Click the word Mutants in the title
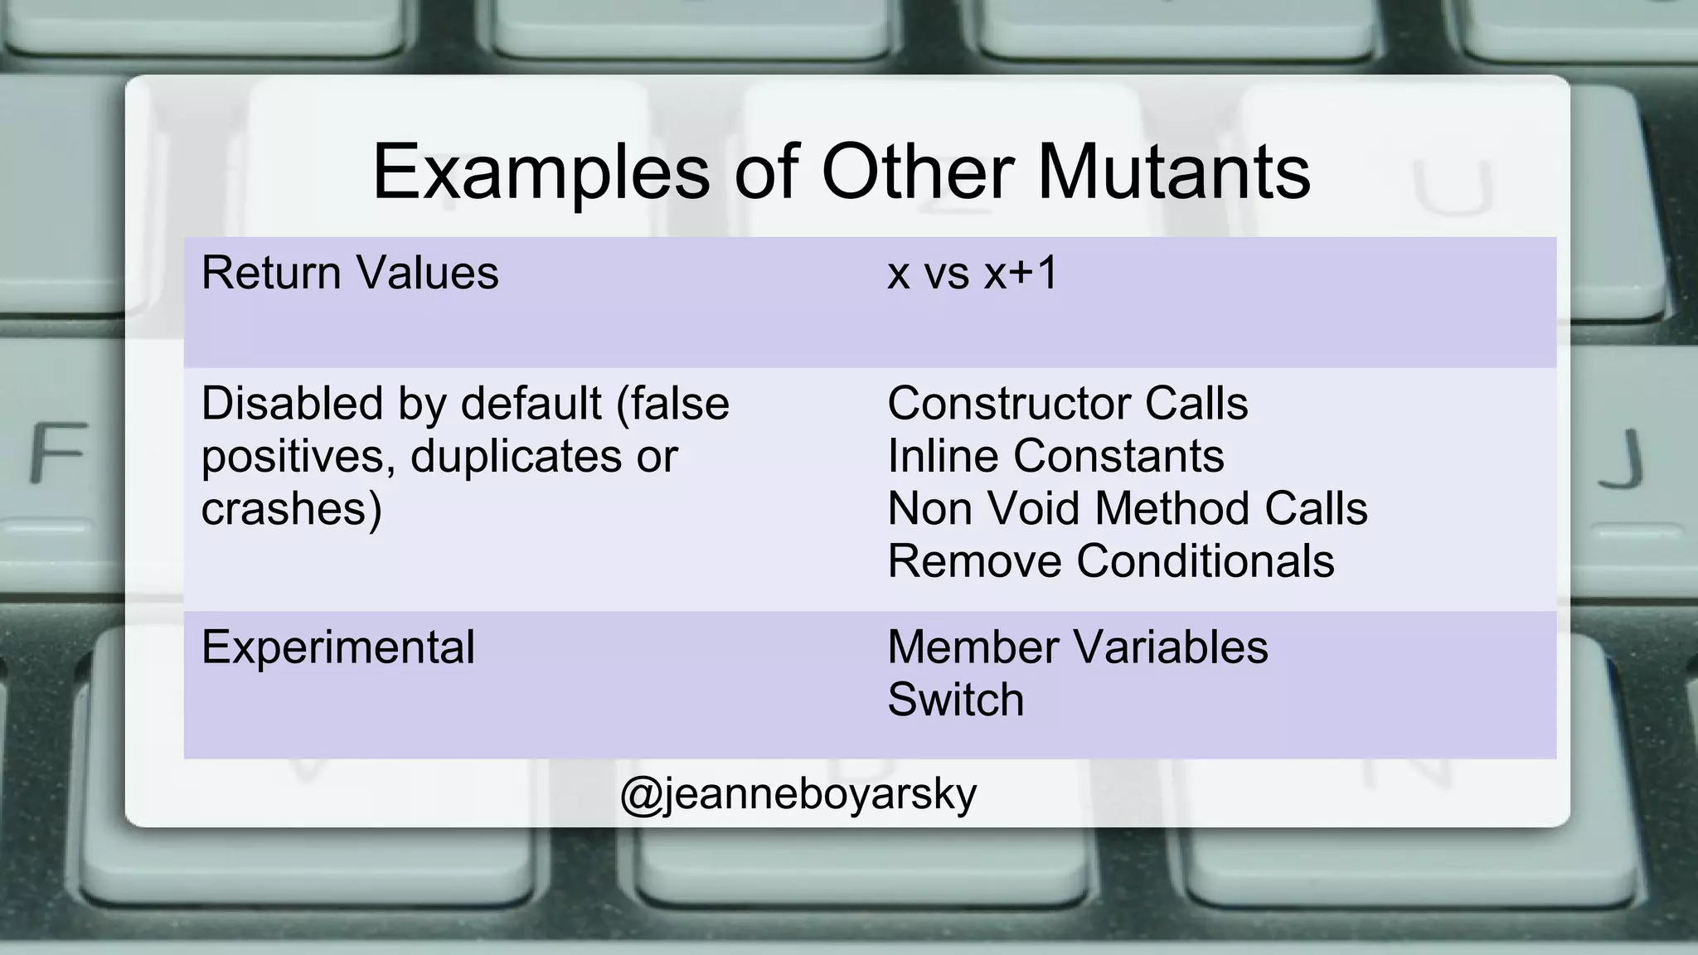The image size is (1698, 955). pyautogui.click(x=1172, y=172)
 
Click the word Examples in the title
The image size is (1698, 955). pyautogui.click(x=541, y=172)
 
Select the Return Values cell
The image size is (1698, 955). pyautogui.click(x=350, y=273)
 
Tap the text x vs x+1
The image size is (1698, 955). pyautogui.click(x=973, y=273)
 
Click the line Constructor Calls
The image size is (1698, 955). pyautogui.click(x=1067, y=404)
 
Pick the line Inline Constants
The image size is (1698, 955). pyautogui.click(x=1055, y=456)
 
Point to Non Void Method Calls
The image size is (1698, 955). pyautogui.click(x=1127, y=508)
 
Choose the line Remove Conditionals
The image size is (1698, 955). pyautogui.click(x=1110, y=561)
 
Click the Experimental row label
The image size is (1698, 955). pyautogui.click(x=337, y=647)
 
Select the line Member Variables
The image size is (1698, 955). pyautogui.click(x=1077, y=647)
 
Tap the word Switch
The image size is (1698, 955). pyautogui.click(x=955, y=700)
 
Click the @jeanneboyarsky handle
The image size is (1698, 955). pyautogui.click(x=798, y=793)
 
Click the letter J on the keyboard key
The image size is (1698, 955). pyautogui.click(x=1622, y=458)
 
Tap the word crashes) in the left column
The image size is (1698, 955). pyautogui.click(x=291, y=508)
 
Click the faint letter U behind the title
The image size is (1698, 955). pyautogui.click(x=1452, y=187)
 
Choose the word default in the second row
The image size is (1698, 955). pyautogui.click(x=531, y=404)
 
